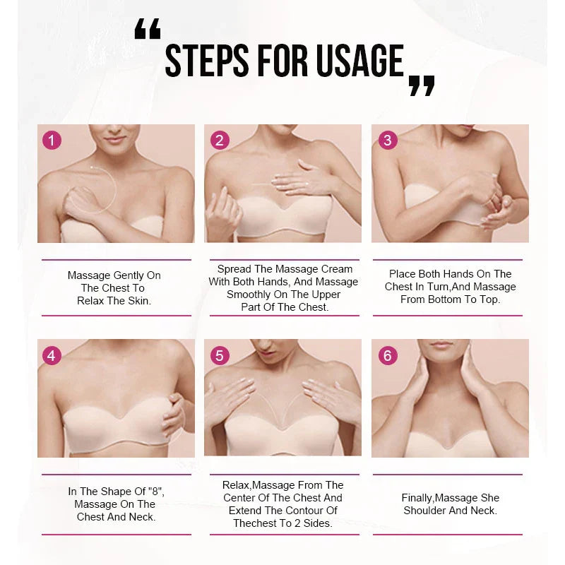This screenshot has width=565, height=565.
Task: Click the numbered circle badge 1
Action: [x=52, y=140]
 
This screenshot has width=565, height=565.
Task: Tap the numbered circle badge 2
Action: [x=219, y=140]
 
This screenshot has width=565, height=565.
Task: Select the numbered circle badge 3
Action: [x=386, y=140]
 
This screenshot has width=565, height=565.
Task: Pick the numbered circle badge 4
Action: [x=52, y=355]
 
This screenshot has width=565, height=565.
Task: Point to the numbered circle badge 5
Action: [x=219, y=355]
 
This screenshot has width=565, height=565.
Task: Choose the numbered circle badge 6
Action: [x=386, y=355]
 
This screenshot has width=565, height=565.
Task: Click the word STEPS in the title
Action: [x=206, y=61]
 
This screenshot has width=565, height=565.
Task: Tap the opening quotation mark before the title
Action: [x=148, y=30]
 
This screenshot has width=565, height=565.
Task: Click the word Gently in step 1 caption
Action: [x=128, y=275]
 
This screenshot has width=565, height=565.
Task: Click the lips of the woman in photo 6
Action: [x=440, y=345]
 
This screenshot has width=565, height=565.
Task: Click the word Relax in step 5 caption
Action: [x=236, y=485]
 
